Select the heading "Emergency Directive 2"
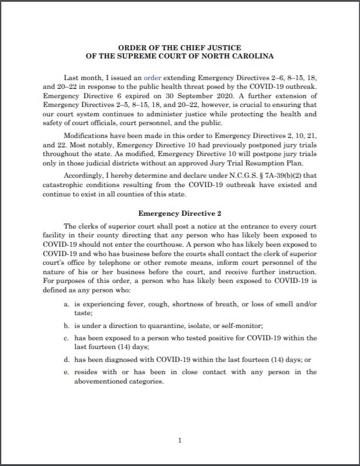tap(179, 213)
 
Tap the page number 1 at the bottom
tap(180, 440)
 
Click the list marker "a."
tap(67, 305)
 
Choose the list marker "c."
tap(67, 338)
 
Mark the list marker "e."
tap(67, 372)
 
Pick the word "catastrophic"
tap(65, 185)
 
